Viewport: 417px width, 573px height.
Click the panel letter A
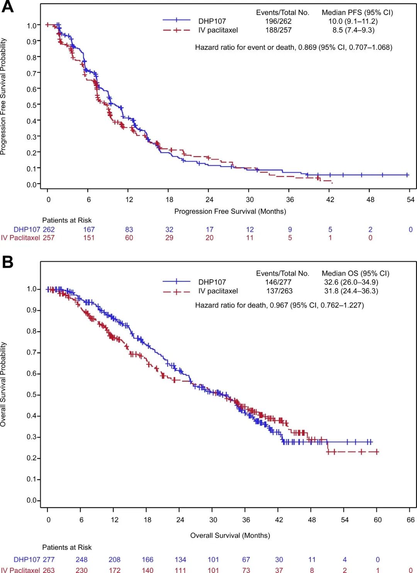click(x=7, y=7)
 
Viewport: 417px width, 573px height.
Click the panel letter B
click(x=7, y=262)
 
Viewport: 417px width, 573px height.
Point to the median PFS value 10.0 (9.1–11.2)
click(x=353, y=21)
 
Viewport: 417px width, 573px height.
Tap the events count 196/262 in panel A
click(x=278, y=21)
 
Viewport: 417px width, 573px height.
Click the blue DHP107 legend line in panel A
click(x=176, y=20)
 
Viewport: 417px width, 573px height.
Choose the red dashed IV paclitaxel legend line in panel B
click(x=176, y=292)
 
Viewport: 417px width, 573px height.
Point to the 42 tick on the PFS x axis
click(x=330, y=199)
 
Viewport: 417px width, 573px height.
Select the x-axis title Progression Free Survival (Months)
click(x=230, y=211)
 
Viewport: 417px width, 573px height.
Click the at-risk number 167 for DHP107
click(x=89, y=230)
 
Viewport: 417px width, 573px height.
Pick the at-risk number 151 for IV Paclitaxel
click(x=89, y=238)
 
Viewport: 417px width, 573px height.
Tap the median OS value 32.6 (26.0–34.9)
click(x=351, y=282)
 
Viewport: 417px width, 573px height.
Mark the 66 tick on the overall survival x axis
click(x=410, y=520)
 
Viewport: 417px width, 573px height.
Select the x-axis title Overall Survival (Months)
click(x=230, y=535)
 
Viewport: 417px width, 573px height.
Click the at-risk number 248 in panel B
click(x=81, y=559)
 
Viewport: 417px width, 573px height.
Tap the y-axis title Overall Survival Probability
click(x=3, y=384)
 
